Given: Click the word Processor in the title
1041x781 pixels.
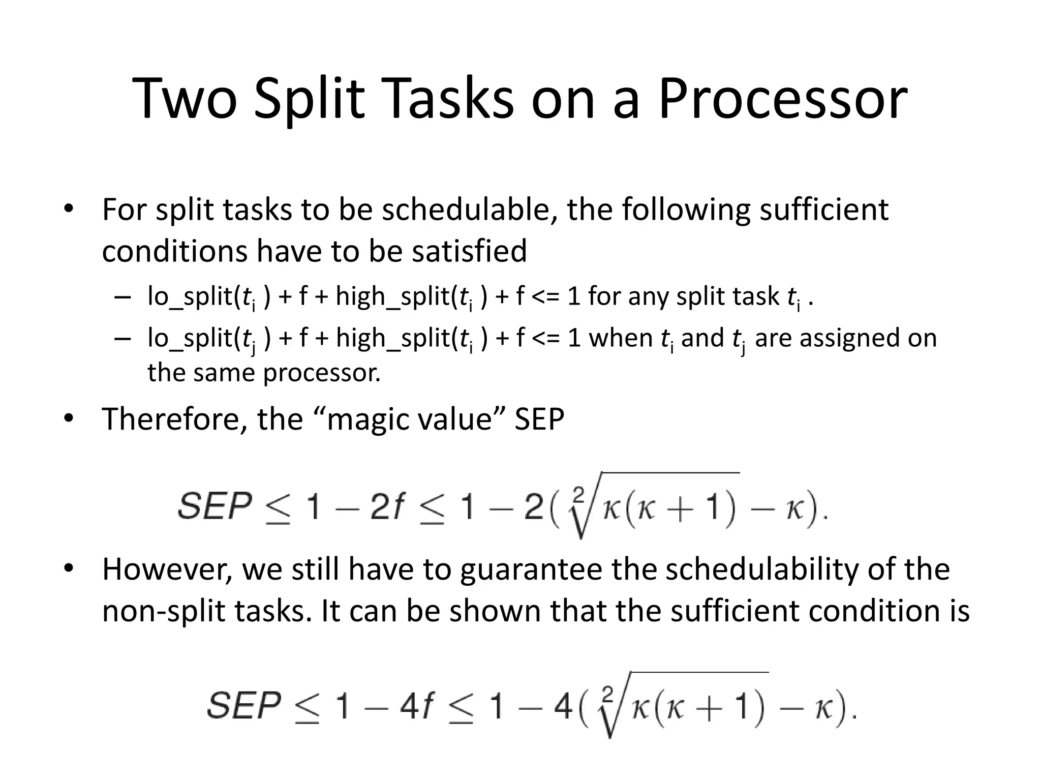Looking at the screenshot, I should pyautogui.click(x=783, y=99).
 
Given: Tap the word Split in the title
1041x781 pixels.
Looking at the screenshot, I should pyautogui.click(x=310, y=99).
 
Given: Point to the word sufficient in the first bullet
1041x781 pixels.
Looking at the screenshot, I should pyautogui.click(x=823, y=209).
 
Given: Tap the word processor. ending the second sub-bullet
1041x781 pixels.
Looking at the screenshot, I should pyautogui.click(x=321, y=373).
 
